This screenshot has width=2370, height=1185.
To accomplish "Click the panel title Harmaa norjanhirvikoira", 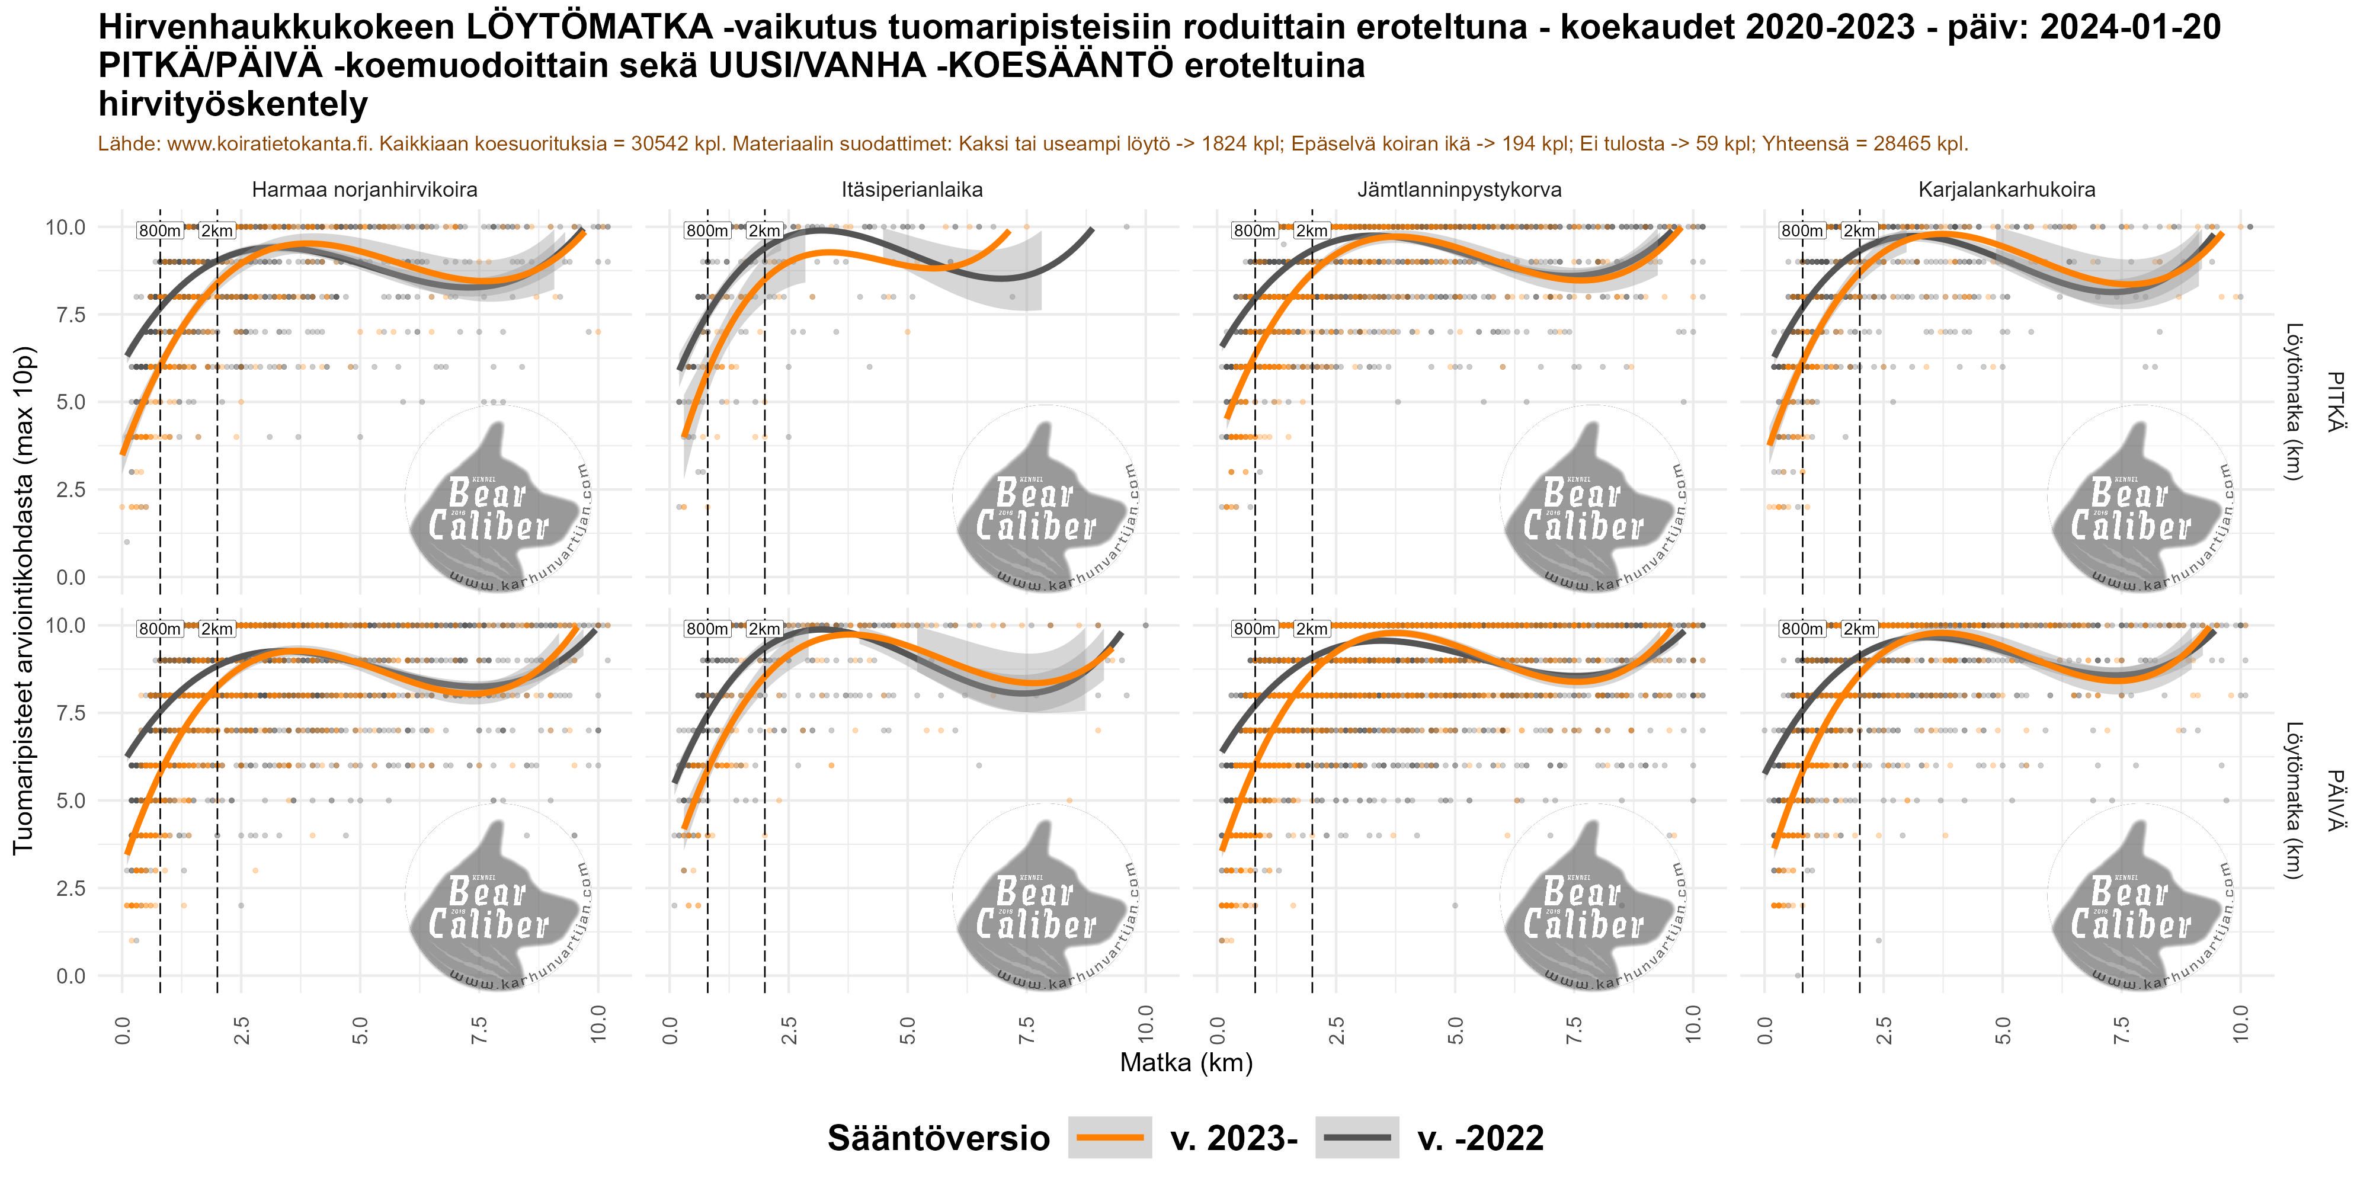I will [364, 190].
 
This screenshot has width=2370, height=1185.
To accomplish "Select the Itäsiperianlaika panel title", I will [912, 190].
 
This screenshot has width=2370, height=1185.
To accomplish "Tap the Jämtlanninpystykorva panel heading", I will [1459, 190].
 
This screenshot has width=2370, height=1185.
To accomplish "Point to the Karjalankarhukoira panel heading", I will [2007, 190].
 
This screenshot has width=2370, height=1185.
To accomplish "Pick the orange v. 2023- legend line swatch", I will [1110, 1138].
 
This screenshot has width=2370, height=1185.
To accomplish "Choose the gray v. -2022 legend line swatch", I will [1357, 1138].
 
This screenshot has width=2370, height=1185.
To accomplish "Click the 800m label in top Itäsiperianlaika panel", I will [707, 231].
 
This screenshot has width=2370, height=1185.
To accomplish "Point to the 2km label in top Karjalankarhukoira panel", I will [1859, 231].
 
